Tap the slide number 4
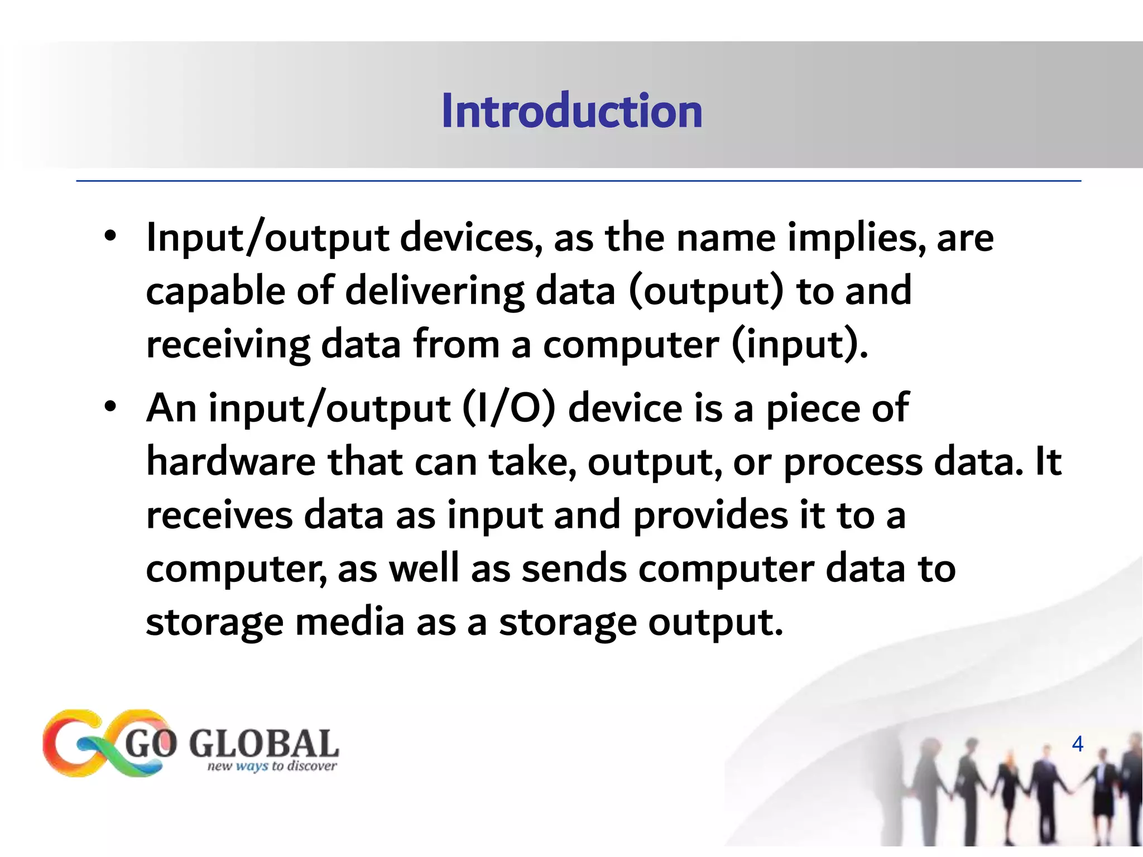pos(1078,744)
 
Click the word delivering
pos(435,292)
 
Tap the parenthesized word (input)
pos(799,345)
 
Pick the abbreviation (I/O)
pos(509,408)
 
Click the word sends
pos(574,569)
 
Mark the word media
pos(349,622)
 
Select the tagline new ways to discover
pos(272,766)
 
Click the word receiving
pos(228,345)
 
